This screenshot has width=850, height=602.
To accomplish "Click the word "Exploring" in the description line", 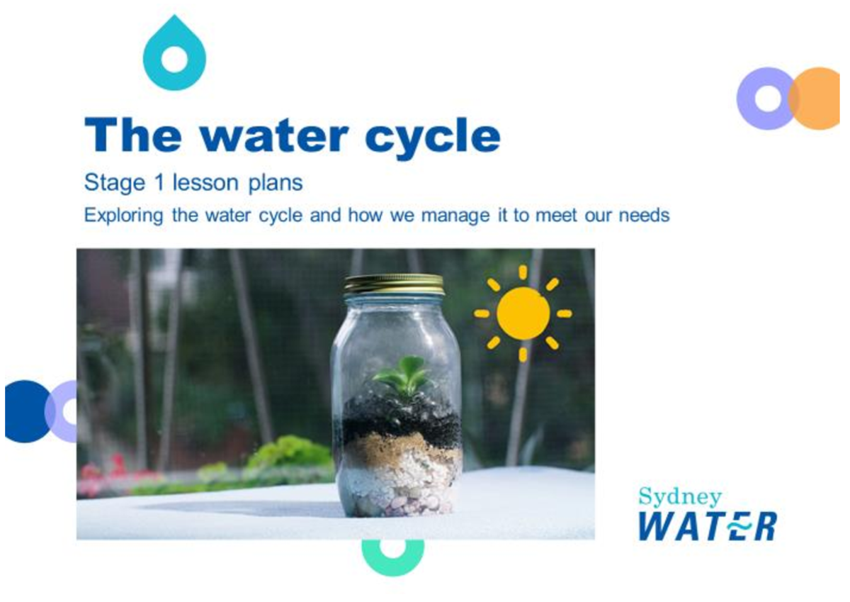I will coord(125,215).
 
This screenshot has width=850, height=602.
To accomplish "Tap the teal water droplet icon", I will coord(174,57).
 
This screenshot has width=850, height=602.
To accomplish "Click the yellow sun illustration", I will coord(523,313).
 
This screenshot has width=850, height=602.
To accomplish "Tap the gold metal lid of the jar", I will coord(395,284).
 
